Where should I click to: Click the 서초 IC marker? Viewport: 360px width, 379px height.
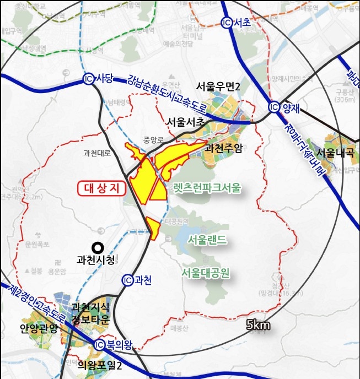[x=226, y=23]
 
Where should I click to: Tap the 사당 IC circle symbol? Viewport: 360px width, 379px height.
[x=88, y=78]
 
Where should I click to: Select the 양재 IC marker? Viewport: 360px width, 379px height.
[x=274, y=107]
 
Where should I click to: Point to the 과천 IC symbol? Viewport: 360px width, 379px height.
[x=127, y=279]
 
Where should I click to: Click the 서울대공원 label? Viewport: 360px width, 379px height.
[x=205, y=272]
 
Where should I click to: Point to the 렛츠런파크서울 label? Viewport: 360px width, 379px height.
[x=206, y=188]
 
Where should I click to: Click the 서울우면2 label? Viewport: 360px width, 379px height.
[x=221, y=86]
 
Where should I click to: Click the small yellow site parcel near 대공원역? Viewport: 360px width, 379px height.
[x=153, y=228]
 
